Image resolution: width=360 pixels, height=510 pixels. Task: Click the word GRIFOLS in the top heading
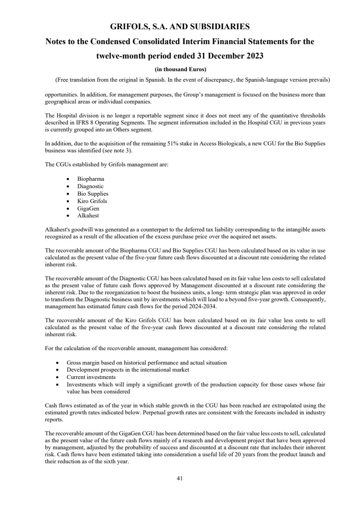pyautogui.click(x=128, y=27)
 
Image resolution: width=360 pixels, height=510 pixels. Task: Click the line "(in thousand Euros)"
pyautogui.click(x=180, y=69)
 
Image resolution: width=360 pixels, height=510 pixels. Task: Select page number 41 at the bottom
pyautogui.click(x=179, y=478)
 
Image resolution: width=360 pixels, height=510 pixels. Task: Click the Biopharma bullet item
pyautogui.click(x=91, y=179)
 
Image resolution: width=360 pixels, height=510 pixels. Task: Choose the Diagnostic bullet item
pyautogui.click(x=90, y=186)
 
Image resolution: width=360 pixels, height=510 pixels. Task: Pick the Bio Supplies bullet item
pyautogui.click(x=93, y=194)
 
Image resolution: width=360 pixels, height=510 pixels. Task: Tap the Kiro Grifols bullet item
pyautogui.click(x=92, y=201)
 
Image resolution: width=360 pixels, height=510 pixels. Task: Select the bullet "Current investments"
pyautogui.click(x=91, y=377)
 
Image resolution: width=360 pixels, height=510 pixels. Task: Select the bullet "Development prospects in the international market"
pyautogui.click(x=127, y=370)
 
